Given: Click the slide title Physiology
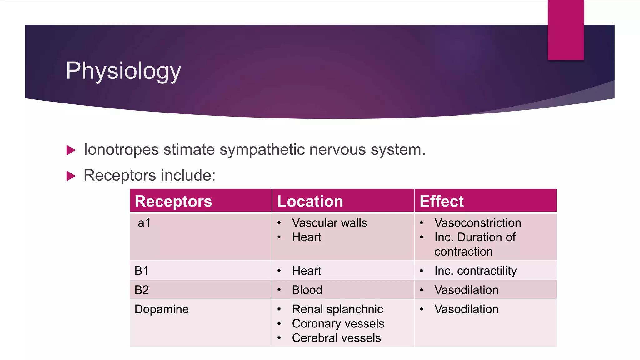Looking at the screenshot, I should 123,71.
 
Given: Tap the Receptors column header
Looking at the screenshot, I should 173,201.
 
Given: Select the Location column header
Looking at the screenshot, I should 310,201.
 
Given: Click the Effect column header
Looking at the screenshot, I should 442,201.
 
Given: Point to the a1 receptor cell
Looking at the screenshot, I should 144,223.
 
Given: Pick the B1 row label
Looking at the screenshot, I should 141,271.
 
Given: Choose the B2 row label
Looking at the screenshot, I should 142,290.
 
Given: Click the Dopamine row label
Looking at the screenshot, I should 162,309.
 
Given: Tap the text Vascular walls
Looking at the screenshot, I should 329,223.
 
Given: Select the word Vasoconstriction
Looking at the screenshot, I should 477,223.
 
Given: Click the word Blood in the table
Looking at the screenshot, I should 307,290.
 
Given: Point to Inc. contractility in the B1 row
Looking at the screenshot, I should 475,271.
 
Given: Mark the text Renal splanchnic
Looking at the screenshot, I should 337,309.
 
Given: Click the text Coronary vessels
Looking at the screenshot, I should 338,324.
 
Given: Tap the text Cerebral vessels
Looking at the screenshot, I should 336,338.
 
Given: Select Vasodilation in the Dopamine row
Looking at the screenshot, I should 466,309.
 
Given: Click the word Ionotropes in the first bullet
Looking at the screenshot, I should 121,150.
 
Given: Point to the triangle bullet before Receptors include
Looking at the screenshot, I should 71,176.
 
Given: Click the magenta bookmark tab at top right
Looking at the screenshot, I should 566,30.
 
